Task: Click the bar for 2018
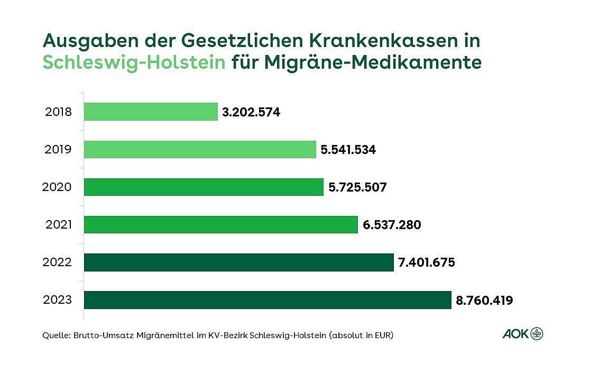(x=151, y=112)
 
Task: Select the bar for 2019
(x=200, y=149)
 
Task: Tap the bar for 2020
(x=204, y=187)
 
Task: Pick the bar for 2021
(x=221, y=224)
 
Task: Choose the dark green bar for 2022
(x=239, y=262)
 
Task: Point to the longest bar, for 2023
(x=267, y=300)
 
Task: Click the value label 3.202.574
(x=251, y=112)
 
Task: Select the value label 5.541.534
(x=348, y=150)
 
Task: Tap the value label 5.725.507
(x=357, y=187)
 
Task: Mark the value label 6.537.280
(x=392, y=225)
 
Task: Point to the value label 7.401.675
(x=427, y=262)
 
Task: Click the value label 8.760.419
(x=484, y=301)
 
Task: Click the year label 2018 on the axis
(x=58, y=112)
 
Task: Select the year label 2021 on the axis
(x=58, y=225)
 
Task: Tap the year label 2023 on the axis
(x=58, y=301)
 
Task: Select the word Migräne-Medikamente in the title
(x=373, y=62)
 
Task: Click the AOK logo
(x=522, y=333)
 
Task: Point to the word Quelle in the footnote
(x=54, y=335)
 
